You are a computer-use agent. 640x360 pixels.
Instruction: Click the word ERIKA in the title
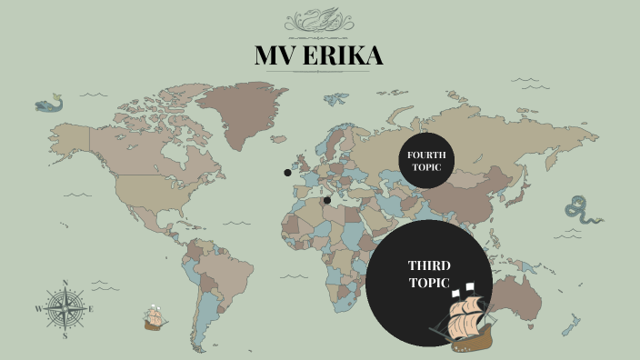pos(342,56)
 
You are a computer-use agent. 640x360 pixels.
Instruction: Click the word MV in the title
pos(275,56)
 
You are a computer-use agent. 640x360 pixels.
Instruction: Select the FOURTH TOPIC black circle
pos(425,161)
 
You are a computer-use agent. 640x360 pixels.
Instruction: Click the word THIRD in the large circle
pos(429,265)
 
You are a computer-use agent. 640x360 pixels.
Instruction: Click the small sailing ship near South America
pos(155,318)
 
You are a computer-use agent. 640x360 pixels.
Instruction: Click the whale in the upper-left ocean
pos(47,105)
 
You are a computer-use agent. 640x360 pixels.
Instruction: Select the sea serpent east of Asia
pos(582,211)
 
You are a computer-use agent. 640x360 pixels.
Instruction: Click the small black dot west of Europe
pos(287,172)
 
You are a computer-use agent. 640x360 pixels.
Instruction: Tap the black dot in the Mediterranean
pos(327,200)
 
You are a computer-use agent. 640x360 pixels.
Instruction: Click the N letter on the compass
pos(65,283)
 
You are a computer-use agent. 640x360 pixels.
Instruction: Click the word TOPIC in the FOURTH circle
pos(425,167)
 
